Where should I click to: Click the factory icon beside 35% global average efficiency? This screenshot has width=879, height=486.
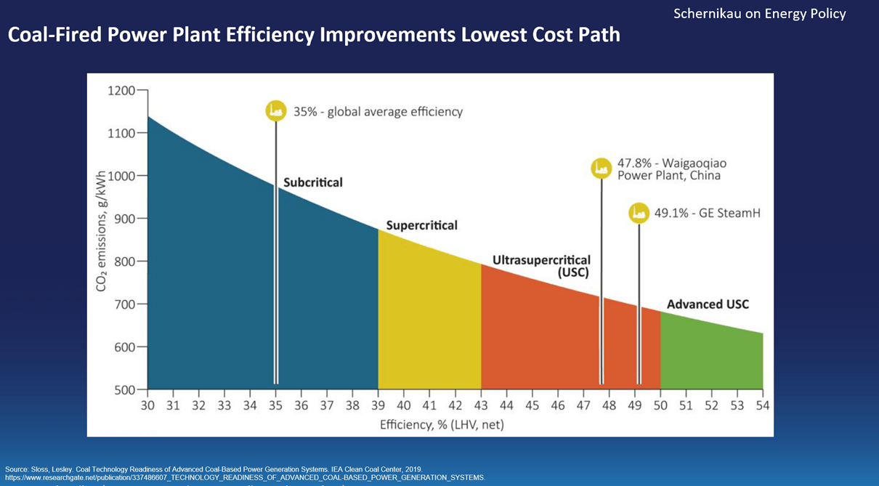pos(275,110)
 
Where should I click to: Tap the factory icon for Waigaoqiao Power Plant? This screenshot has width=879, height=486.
pos(601,169)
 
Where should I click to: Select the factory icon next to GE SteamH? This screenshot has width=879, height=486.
pos(639,213)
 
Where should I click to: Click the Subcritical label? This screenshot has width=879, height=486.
pos(312,182)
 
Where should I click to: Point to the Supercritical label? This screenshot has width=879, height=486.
pos(421,225)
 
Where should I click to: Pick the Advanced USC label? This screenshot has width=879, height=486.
pos(708,304)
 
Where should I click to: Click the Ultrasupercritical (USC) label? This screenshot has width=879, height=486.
pos(541,266)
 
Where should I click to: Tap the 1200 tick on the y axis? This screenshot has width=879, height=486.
pos(121,91)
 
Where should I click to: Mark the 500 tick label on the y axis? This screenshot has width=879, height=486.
pos(125,390)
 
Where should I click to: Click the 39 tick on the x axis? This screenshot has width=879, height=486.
pos(378,405)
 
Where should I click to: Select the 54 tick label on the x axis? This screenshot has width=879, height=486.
pos(763,405)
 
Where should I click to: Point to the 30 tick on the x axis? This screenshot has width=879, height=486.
pos(147,405)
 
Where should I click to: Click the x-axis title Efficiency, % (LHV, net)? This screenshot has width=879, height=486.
pos(442,424)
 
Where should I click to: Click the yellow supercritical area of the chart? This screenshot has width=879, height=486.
pos(429,320)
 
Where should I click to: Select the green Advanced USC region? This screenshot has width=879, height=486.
pos(712,356)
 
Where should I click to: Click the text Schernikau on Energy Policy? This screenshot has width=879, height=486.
pos(759,14)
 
